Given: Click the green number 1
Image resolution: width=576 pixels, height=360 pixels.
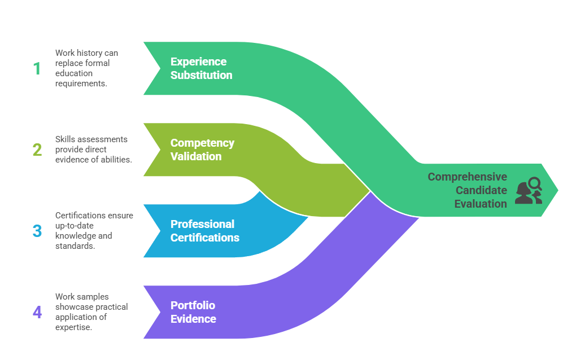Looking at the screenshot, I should tap(37, 68).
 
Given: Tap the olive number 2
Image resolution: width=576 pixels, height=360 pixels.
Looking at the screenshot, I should tap(37, 150).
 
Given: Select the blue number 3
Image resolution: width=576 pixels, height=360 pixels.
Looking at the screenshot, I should tap(37, 231).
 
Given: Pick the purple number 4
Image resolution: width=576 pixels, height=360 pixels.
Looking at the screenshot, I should tap(37, 312).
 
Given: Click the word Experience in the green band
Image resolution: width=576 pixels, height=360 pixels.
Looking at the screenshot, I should tap(198, 62).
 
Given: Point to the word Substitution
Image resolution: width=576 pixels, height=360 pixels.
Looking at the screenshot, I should tap(201, 75).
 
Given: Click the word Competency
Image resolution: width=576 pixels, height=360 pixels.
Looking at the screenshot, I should tap(202, 143).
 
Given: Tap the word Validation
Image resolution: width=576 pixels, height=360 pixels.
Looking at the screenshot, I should tap(195, 156).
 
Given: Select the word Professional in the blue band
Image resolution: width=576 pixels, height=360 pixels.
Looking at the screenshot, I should tap(202, 224).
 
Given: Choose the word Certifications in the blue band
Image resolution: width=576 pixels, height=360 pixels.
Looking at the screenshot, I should tap(204, 238).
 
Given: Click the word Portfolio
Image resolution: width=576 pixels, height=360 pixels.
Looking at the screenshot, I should tap(193, 305).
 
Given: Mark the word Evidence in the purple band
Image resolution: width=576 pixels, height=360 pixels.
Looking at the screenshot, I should tap(193, 319).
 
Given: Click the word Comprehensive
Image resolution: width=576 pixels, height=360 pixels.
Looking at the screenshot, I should tap(467, 177).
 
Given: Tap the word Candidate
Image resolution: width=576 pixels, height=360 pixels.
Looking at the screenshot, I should tap(481, 190).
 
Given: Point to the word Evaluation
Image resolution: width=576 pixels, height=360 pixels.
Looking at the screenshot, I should tap(481, 204).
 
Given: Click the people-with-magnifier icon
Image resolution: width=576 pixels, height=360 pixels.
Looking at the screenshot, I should tap(529, 190).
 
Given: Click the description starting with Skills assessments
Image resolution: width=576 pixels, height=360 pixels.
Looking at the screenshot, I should tap(93, 150).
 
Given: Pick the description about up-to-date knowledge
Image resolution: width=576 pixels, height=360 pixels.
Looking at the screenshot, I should tap(94, 231).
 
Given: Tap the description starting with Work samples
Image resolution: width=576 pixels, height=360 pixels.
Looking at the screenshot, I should tap(91, 312).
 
